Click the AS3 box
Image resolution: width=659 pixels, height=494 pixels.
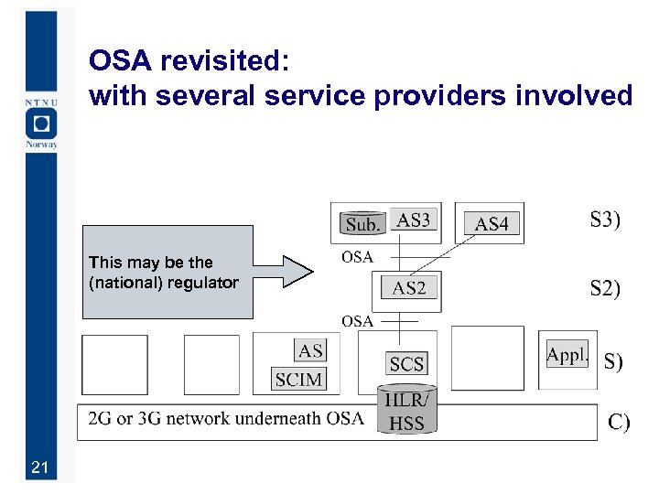(x=413, y=220)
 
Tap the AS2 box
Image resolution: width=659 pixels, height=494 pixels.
(x=409, y=288)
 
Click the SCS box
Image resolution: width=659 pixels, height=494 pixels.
(x=406, y=364)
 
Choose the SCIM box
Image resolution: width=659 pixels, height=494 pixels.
(x=298, y=379)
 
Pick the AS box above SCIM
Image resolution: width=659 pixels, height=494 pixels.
(x=310, y=350)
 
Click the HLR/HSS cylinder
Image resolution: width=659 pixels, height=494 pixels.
(x=406, y=411)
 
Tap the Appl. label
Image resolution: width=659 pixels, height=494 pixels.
(x=567, y=356)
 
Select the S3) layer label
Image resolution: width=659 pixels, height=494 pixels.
(x=605, y=220)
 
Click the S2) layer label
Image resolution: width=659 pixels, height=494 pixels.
(x=605, y=289)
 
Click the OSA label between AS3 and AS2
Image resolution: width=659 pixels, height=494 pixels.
(x=357, y=257)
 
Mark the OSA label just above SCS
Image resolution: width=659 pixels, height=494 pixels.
(x=357, y=320)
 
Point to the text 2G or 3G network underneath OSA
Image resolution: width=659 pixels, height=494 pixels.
(x=225, y=419)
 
